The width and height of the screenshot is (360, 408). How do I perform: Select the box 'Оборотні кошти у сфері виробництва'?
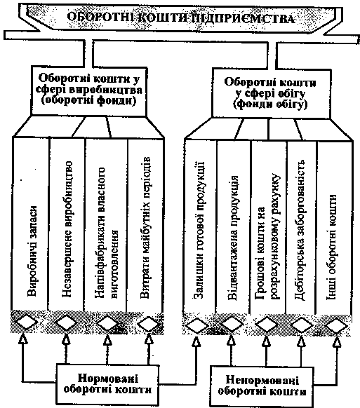coord(89,90)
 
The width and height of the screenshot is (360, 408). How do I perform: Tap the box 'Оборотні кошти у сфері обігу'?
coord(272,93)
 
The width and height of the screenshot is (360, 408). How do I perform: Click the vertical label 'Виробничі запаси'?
coord(32,251)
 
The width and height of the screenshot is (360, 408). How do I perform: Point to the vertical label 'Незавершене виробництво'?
coord(67,229)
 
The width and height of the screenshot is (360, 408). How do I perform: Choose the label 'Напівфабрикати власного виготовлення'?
coord(106,233)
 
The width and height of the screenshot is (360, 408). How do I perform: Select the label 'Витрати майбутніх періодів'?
coord(145,227)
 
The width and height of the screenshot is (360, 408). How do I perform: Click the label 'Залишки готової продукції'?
coord(199,230)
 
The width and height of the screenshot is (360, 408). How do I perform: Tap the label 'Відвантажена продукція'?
coord(232,238)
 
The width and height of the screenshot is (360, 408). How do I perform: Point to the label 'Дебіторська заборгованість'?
coord(300,230)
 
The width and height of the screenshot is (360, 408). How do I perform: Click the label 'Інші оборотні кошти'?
coord(332,247)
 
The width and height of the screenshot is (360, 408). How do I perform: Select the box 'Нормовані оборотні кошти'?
coord(107,383)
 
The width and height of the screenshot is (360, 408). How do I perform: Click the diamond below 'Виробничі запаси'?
coord(25,322)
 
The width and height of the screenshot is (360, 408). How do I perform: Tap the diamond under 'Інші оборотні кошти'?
coord(337,325)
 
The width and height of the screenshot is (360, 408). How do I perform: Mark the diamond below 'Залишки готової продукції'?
coord(197,325)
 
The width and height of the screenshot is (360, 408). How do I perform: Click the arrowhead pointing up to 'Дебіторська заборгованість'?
coord(301,341)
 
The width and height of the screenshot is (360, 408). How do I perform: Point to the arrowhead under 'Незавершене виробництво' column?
coord(66,339)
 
